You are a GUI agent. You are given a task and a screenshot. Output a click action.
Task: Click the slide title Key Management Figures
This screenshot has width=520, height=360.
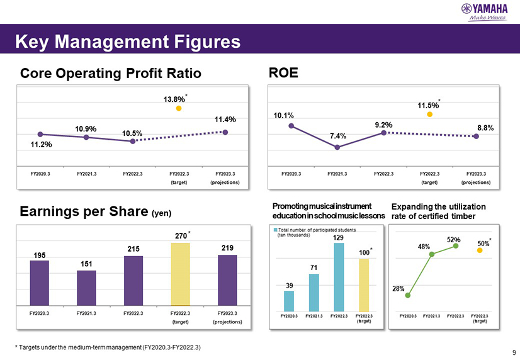coord(128,42)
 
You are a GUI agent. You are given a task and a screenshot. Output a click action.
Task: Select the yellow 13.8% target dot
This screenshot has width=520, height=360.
coord(179,109)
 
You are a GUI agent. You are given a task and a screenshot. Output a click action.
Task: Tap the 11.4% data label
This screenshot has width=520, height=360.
coord(225,119)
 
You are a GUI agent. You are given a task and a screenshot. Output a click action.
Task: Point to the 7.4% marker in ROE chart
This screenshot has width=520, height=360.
coord(337,147)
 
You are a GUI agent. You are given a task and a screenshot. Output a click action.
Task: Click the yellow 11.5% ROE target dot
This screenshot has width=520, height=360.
coord(429,115)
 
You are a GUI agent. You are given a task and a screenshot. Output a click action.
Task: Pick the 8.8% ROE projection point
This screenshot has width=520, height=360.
coord(477,136)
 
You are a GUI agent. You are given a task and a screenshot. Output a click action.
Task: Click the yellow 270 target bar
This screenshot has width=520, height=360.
coord(179,274)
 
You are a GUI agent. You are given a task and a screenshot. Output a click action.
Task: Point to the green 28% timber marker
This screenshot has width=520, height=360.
coord(408,295)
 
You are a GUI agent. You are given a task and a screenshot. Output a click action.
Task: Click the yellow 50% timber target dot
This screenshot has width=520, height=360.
coord(480,250)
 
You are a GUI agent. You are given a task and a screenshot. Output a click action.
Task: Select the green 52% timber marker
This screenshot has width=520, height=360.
coord(456,246)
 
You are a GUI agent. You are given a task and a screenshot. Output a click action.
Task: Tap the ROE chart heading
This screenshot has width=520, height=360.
coord(283,73)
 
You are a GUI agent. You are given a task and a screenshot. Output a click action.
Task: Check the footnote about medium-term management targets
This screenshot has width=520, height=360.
coord(108,348)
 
